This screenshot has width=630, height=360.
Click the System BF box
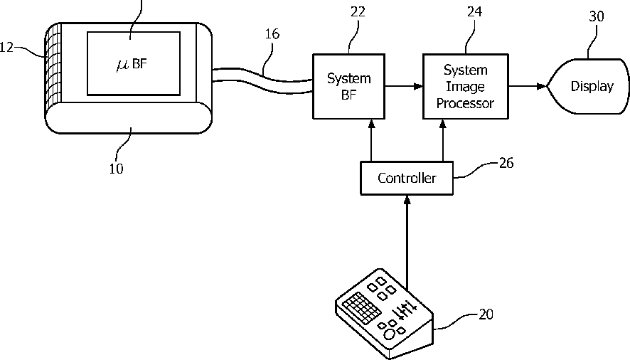348,87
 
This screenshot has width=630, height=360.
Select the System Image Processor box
466,87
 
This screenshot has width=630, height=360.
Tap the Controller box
407,178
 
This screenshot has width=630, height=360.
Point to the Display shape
588,87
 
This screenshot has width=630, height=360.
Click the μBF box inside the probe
134,63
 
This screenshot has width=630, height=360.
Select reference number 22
358,12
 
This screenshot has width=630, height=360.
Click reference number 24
474,11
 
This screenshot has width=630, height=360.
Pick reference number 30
597,16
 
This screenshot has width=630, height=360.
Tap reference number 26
506,163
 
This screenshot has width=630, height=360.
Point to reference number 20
486,314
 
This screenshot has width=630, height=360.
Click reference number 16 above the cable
272,33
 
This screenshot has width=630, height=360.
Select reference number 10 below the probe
116,169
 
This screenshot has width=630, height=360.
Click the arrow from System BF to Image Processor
404,85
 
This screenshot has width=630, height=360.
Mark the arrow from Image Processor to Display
528,85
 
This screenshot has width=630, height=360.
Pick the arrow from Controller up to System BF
371,140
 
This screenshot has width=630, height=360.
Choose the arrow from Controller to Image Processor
443,140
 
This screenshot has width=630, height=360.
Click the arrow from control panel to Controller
407,243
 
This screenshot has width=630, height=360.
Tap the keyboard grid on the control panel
361,307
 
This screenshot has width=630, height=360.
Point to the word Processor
465,103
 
